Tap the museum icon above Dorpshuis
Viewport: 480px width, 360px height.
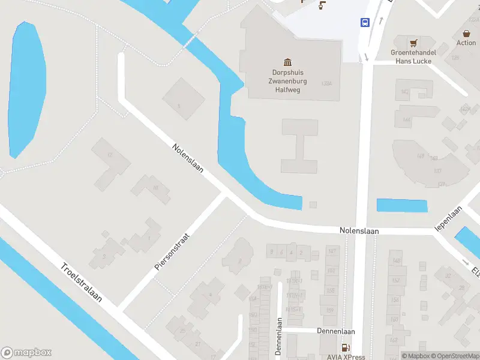click(287, 62)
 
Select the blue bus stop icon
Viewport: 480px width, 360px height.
click(364, 23)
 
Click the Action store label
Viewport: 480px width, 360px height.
click(466, 43)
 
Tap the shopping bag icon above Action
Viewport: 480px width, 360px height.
click(466, 34)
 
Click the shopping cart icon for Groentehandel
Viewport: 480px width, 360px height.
click(413, 43)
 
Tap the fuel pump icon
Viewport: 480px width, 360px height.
click(345, 347)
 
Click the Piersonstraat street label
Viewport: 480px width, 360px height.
click(172, 251)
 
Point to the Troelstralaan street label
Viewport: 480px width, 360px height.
click(80, 283)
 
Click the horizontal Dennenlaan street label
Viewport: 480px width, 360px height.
click(335, 331)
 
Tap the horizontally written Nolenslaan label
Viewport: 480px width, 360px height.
click(359, 230)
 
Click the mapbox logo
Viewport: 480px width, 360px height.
click(26, 353)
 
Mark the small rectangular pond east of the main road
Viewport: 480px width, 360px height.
click(401, 205)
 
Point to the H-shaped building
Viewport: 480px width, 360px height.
click(299, 146)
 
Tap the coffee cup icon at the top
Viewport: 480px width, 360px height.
click(322, 6)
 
